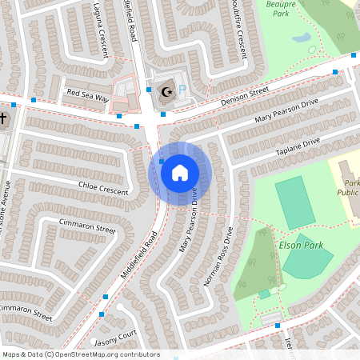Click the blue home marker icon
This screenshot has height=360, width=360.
pyautogui.click(x=180, y=171)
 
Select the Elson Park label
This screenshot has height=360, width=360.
pyautogui.click(x=302, y=245)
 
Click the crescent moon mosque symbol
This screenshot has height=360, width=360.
pyautogui.click(x=167, y=92)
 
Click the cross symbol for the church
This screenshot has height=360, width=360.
pyautogui.click(x=3, y=119)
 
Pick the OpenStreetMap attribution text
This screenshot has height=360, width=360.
pyautogui.click(x=81, y=354)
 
